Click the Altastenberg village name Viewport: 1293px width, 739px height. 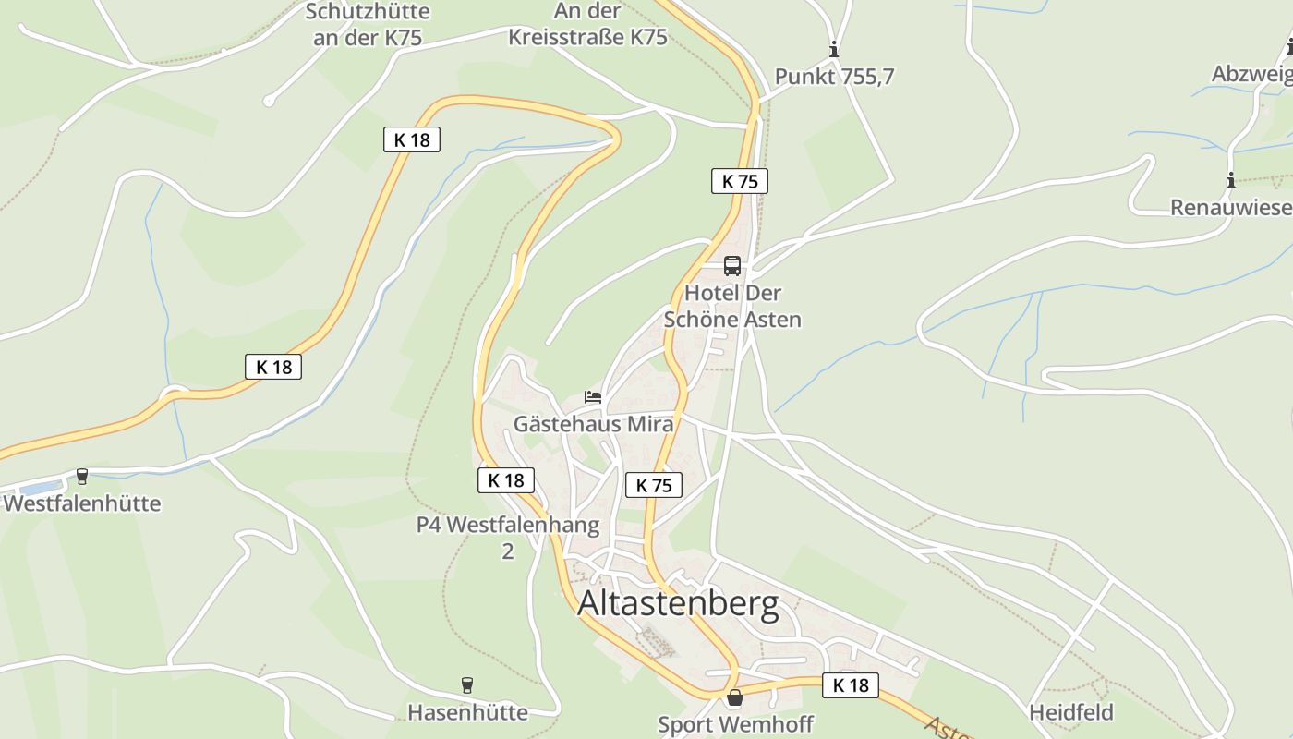pyautogui.click(x=678, y=604)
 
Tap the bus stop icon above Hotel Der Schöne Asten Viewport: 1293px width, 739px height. pyautogui.click(x=732, y=266)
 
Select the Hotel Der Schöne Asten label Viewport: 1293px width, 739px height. pyautogui.click(x=732, y=307)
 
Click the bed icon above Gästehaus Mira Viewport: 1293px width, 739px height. pyautogui.click(x=593, y=397)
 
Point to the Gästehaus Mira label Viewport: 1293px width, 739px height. pyautogui.click(x=593, y=424)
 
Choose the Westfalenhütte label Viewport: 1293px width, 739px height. pyautogui.click(x=82, y=503)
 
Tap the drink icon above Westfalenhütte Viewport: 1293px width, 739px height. pyautogui.click(x=82, y=477)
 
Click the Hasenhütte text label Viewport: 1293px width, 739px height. pyautogui.click(x=467, y=712)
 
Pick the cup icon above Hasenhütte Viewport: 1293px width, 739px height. pyautogui.click(x=467, y=685)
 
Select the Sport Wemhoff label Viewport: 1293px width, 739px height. pyautogui.click(x=735, y=724)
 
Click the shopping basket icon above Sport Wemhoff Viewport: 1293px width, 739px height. pyautogui.click(x=735, y=697)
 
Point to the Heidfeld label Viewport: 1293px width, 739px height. pyautogui.click(x=1071, y=712)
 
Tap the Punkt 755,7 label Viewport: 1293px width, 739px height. pyautogui.click(x=834, y=77)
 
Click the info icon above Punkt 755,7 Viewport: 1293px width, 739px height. pyautogui.click(x=834, y=50)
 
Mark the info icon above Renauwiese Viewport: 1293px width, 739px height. pyautogui.click(x=1230, y=180)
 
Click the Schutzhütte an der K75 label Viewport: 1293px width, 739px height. pyautogui.click(x=368, y=24)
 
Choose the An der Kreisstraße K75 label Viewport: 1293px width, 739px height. pyautogui.click(x=587, y=24)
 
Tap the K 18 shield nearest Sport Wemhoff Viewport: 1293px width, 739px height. pyautogui.click(x=851, y=685)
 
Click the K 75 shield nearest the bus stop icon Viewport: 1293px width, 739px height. pyautogui.click(x=740, y=181)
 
